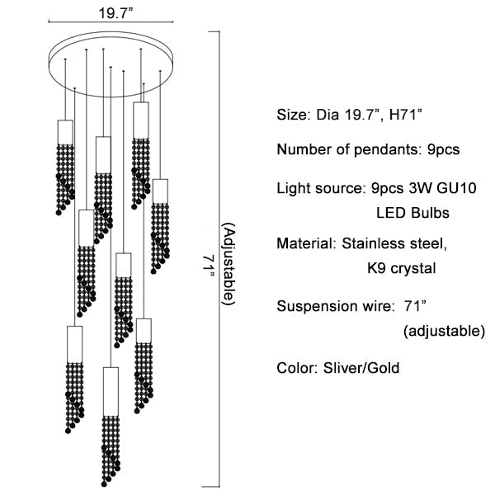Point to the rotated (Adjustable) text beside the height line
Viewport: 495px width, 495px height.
229,265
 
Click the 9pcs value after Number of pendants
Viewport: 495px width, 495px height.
441,150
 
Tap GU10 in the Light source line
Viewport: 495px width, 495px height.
456,187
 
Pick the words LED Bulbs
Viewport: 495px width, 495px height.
412,213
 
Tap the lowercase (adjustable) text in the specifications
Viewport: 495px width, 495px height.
444,332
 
